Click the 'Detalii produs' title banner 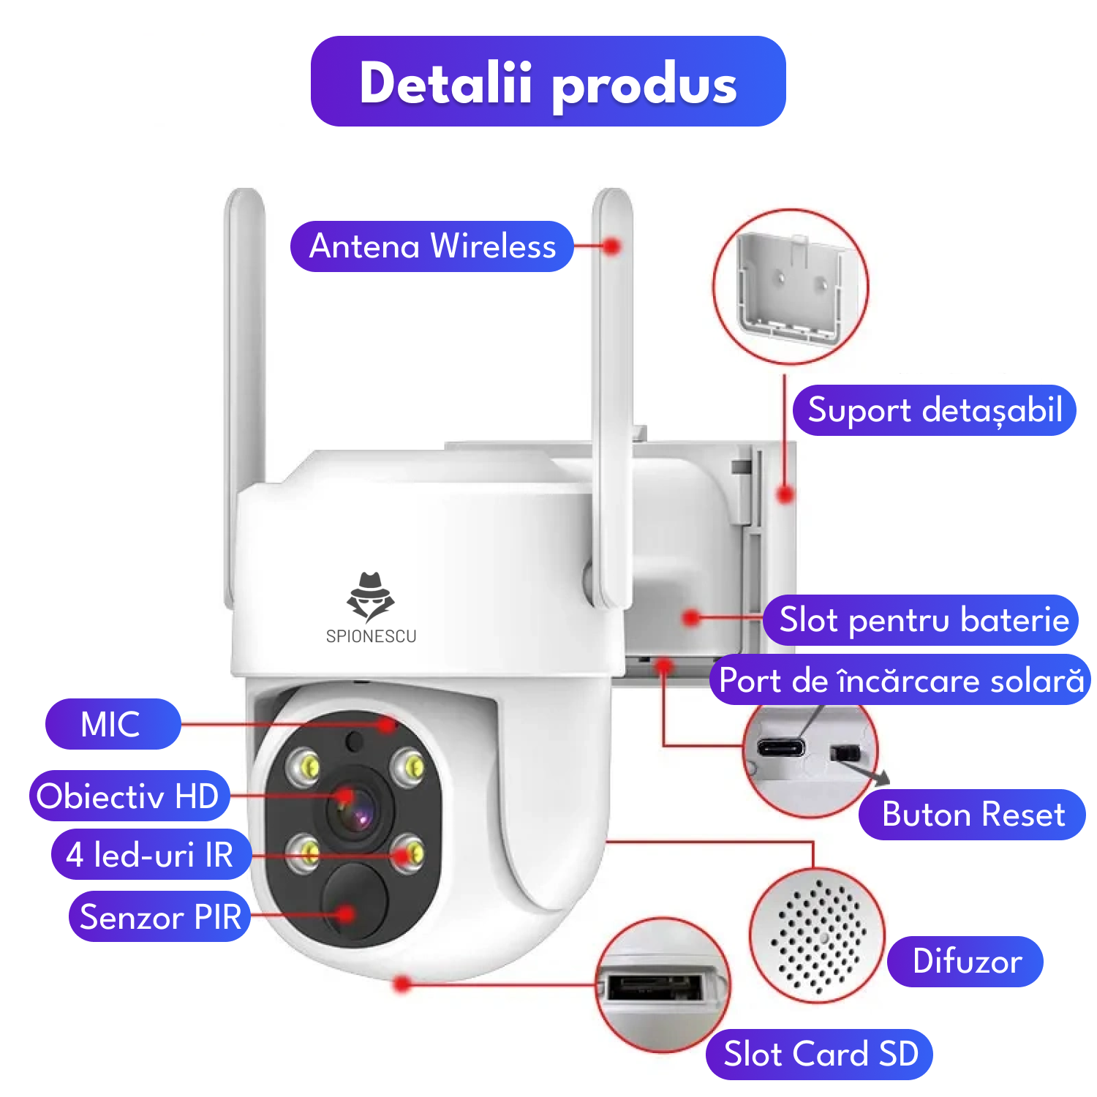pyautogui.click(x=548, y=81)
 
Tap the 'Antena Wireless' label pyautogui.click(x=431, y=246)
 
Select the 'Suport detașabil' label pyautogui.click(x=934, y=410)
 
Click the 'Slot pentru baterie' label pyautogui.click(x=921, y=620)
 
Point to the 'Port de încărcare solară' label pyautogui.click(x=900, y=680)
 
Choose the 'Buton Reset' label pyautogui.click(x=972, y=815)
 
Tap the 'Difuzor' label pyautogui.click(x=965, y=962)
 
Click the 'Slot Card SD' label pyautogui.click(x=819, y=1055)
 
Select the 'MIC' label pyautogui.click(x=112, y=724)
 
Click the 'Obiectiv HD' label pyautogui.click(x=129, y=796)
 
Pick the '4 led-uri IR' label pyautogui.click(x=151, y=854)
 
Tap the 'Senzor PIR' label pyautogui.click(x=160, y=916)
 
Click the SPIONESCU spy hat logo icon pyautogui.click(x=370, y=596)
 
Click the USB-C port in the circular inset pyautogui.click(x=780, y=747)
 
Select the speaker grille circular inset pyautogui.click(x=818, y=936)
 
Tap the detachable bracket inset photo pyautogui.click(x=791, y=287)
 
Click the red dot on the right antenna pyautogui.click(x=613, y=246)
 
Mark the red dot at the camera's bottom pyautogui.click(x=402, y=984)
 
